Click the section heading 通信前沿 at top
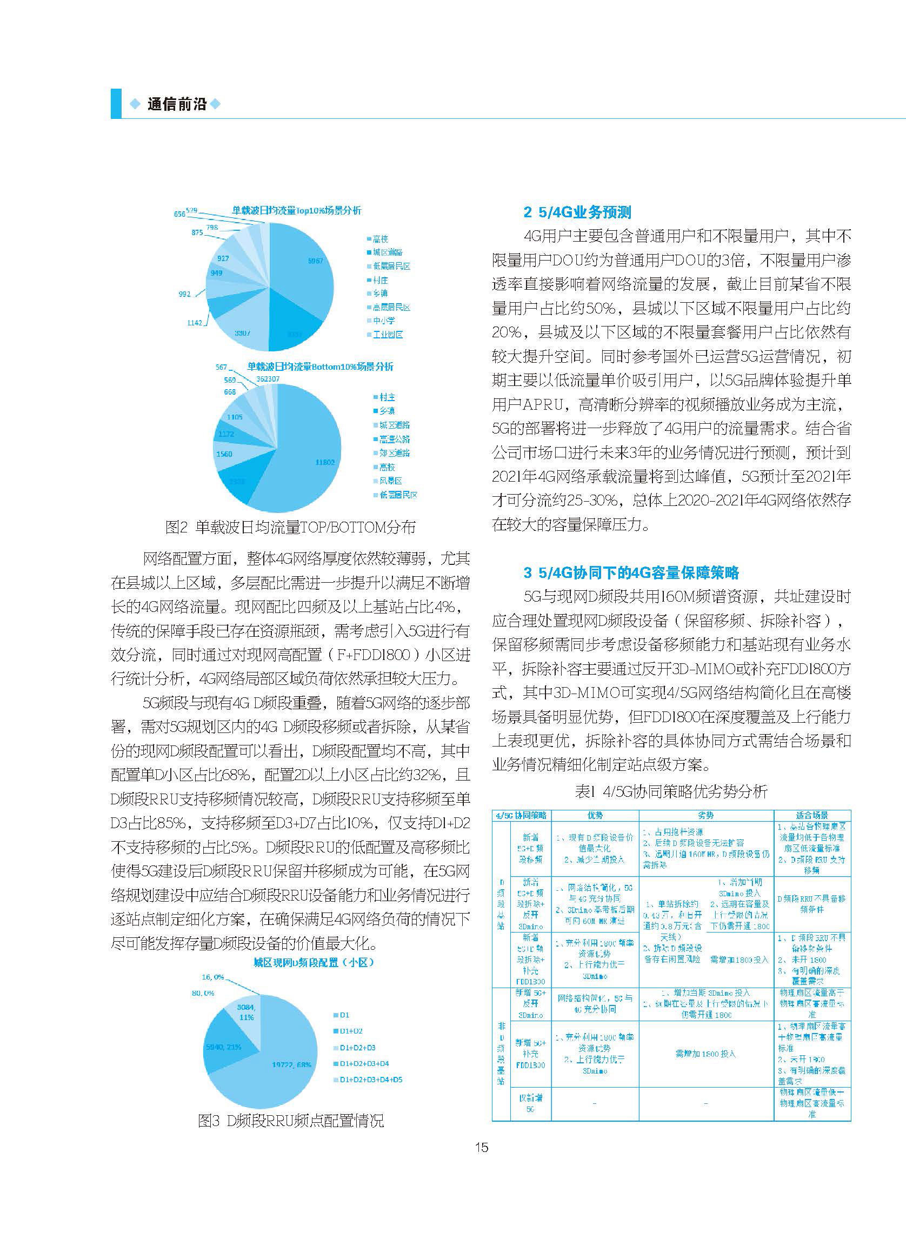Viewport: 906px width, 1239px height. point(177,104)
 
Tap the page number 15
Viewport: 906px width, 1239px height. point(481,1148)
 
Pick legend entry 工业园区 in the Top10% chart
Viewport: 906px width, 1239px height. point(388,335)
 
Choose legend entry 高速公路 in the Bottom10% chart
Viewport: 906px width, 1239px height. point(394,439)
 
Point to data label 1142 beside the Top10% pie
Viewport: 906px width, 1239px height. point(194,323)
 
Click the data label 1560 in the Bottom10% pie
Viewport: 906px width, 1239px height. point(224,454)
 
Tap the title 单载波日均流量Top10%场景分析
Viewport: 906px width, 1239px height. point(296,210)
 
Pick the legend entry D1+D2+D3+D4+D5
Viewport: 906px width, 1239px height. point(371,1080)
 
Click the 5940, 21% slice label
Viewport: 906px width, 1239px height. point(224,1047)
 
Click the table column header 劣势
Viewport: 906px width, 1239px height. point(706,816)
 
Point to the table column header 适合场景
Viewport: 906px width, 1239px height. point(812,816)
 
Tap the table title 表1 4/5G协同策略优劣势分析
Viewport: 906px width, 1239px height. point(671,791)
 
